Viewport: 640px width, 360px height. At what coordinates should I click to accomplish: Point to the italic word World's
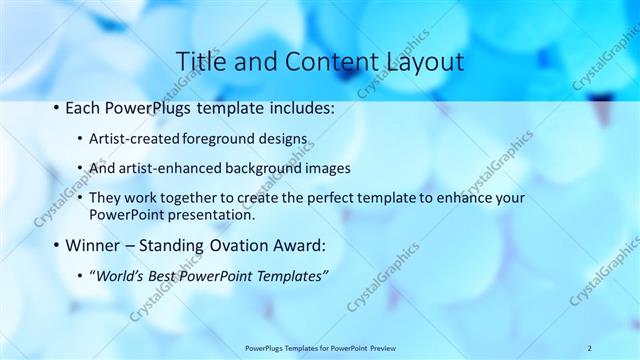click(x=119, y=276)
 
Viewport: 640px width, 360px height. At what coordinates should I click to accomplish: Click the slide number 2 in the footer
click(x=590, y=348)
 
